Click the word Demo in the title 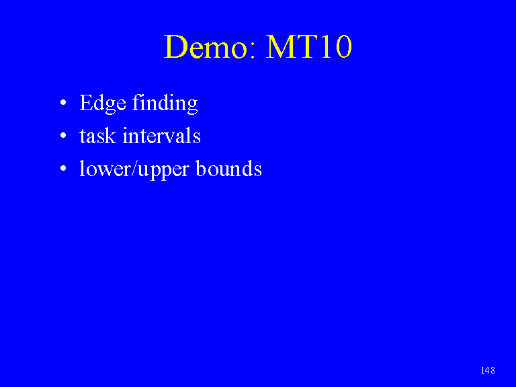tap(206, 46)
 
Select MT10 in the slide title tap(309, 46)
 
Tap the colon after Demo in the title tap(253, 51)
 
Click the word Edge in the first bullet tap(103, 103)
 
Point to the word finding tap(165, 103)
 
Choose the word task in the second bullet tap(97, 136)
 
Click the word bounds tap(229, 168)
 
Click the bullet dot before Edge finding tap(63, 102)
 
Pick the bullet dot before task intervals tap(63, 135)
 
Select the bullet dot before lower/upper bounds tap(63, 168)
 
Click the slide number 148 tap(488, 370)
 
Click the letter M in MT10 tap(281, 47)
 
